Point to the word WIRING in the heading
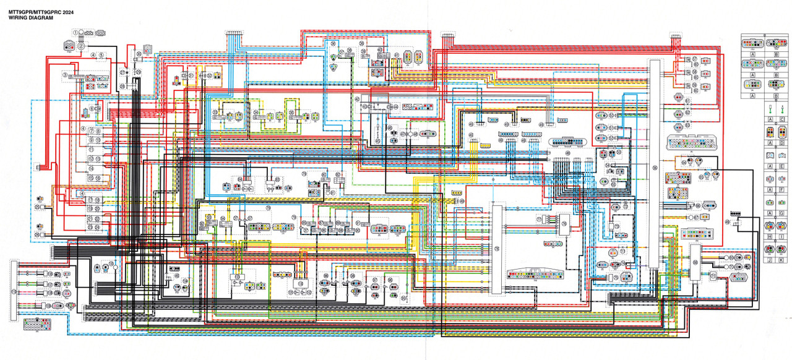pyautogui.click(x=17, y=19)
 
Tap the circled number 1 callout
pyautogui.click(x=76, y=32)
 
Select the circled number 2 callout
pyautogui.click(x=81, y=45)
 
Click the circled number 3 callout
pyautogui.click(x=64, y=75)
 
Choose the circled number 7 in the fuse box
pyautogui.click(x=91, y=131)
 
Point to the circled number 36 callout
pyautogui.click(x=332, y=44)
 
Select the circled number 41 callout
pyautogui.click(x=396, y=56)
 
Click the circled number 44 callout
pyautogui.click(x=395, y=107)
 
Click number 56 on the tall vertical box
pyautogui.click(x=654, y=167)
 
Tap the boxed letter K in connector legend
pyautogui.click(x=782, y=260)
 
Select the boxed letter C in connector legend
pyautogui.click(x=782, y=106)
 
